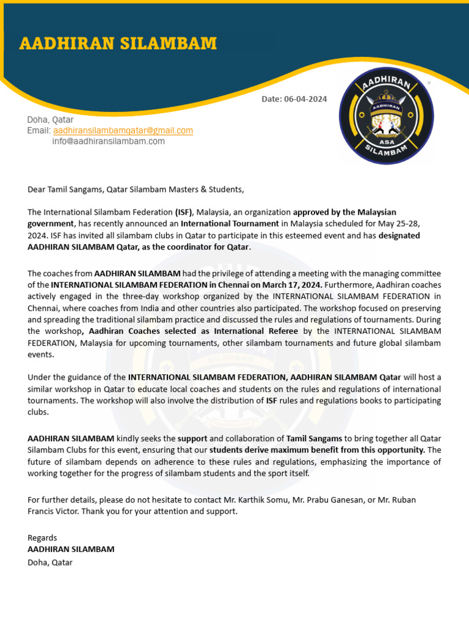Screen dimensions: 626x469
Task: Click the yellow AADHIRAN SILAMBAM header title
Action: coord(118,43)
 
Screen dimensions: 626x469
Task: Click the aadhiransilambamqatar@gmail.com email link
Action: coord(123,130)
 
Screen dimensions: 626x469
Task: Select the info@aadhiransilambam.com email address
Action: coord(108,141)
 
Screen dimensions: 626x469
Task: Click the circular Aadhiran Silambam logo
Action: coord(386,116)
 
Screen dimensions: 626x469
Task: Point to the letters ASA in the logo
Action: coord(386,141)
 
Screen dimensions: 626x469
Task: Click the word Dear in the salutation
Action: coord(37,190)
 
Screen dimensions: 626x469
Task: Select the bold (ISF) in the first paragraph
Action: coord(184,212)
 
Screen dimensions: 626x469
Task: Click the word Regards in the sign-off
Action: coord(42,537)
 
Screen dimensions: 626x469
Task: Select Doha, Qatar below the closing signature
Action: coord(50,562)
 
